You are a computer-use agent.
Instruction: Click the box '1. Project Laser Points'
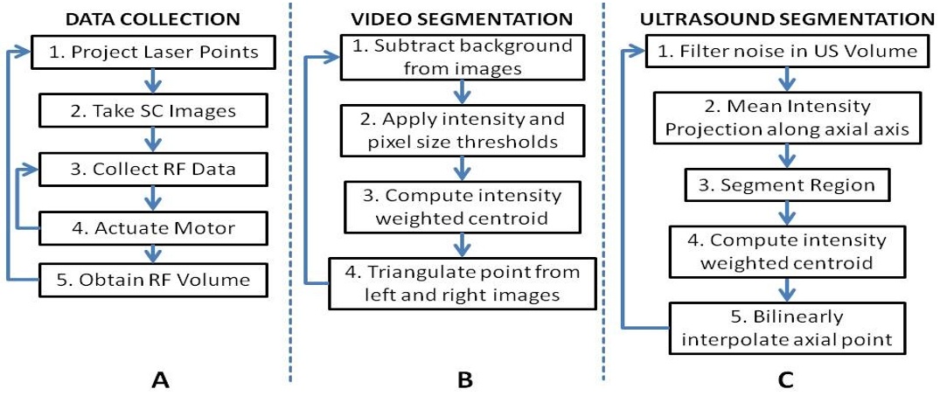click(154, 52)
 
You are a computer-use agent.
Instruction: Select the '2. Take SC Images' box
click(154, 111)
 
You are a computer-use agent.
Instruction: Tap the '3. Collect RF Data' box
click(154, 169)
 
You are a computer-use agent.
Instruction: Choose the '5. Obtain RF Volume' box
click(154, 279)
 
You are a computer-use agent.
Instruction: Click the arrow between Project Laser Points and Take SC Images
click(154, 81)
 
